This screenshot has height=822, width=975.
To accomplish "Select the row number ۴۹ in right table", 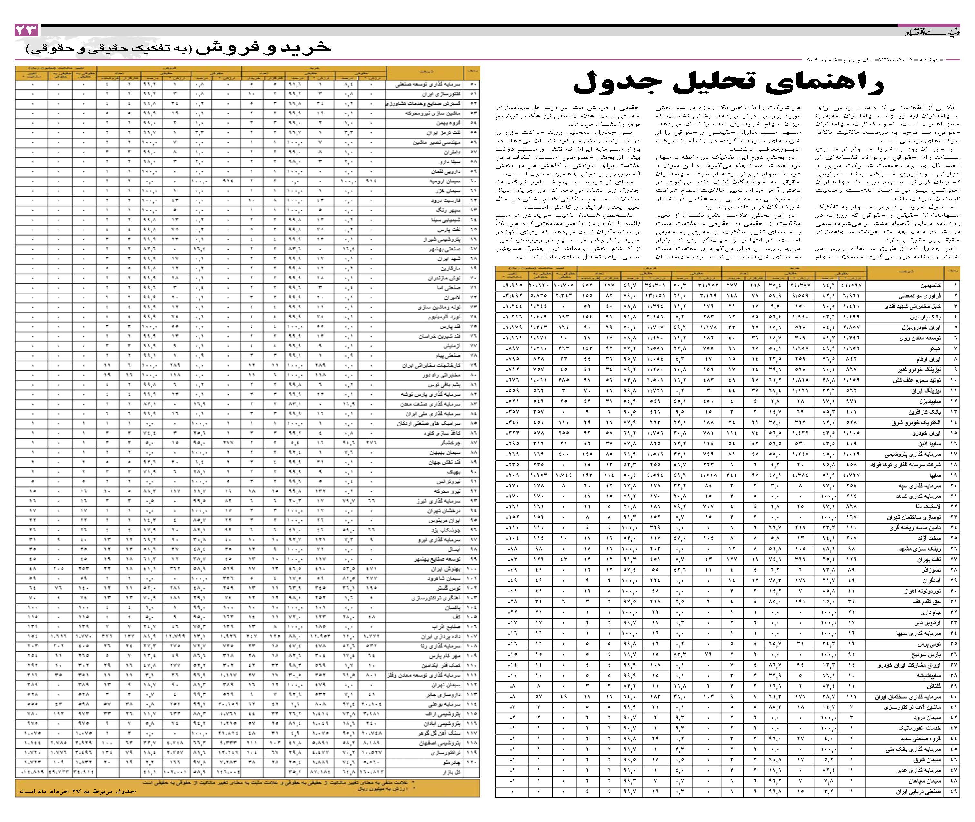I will [x=953, y=792].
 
